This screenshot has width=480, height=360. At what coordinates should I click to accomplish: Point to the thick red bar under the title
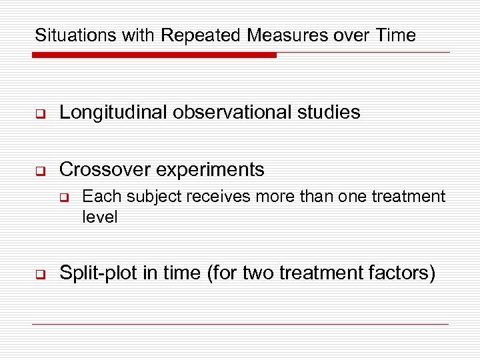coord(154,55)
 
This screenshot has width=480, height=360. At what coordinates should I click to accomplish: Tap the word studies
coord(329,112)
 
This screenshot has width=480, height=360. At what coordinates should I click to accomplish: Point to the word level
coord(100,217)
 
